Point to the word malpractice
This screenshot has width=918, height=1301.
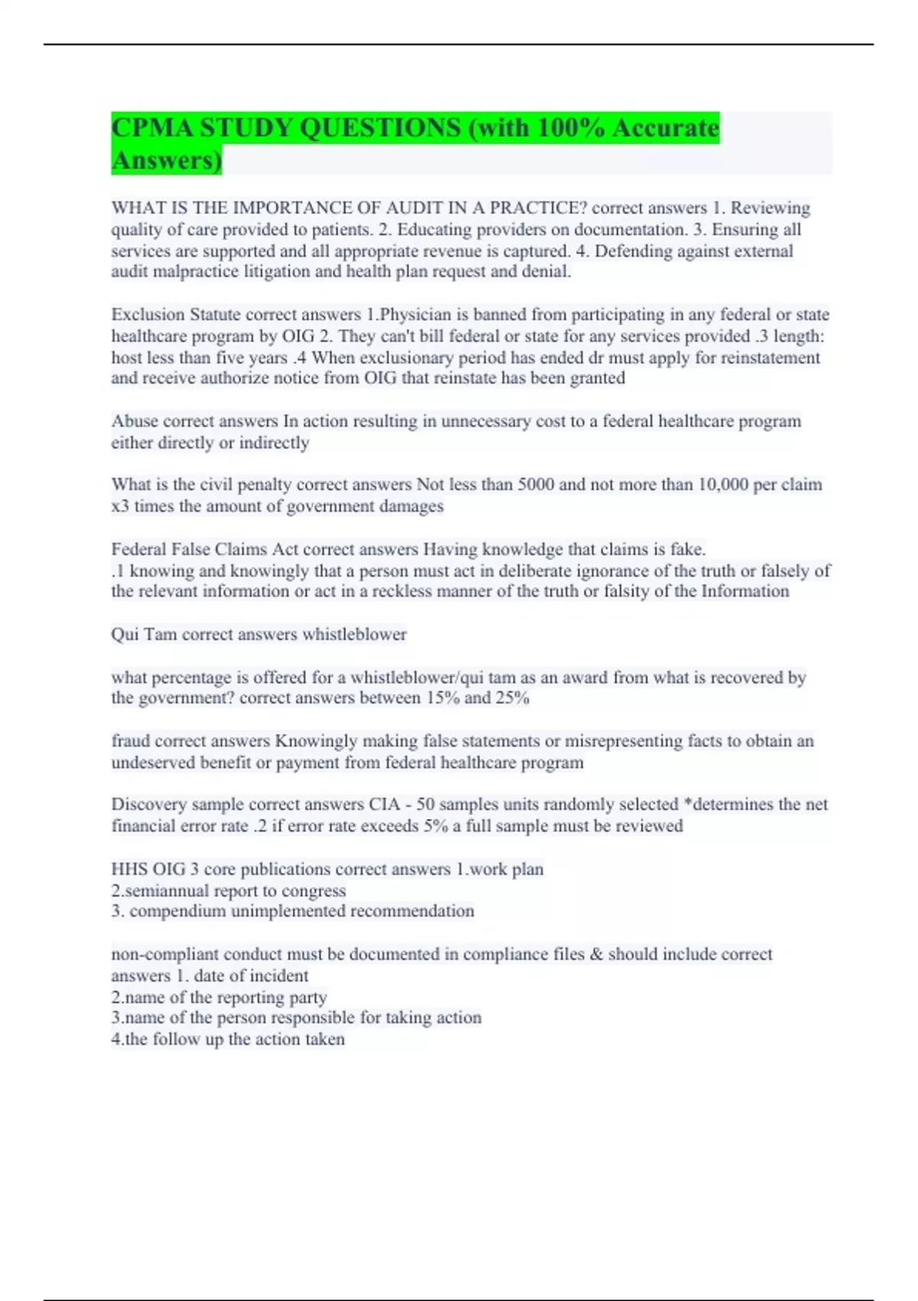click(195, 272)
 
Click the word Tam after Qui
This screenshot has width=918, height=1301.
click(161, 634)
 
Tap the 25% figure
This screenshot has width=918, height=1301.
click(512, 698)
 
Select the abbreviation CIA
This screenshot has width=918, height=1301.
click(384, 804)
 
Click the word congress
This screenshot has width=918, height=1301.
click(314, 891)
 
